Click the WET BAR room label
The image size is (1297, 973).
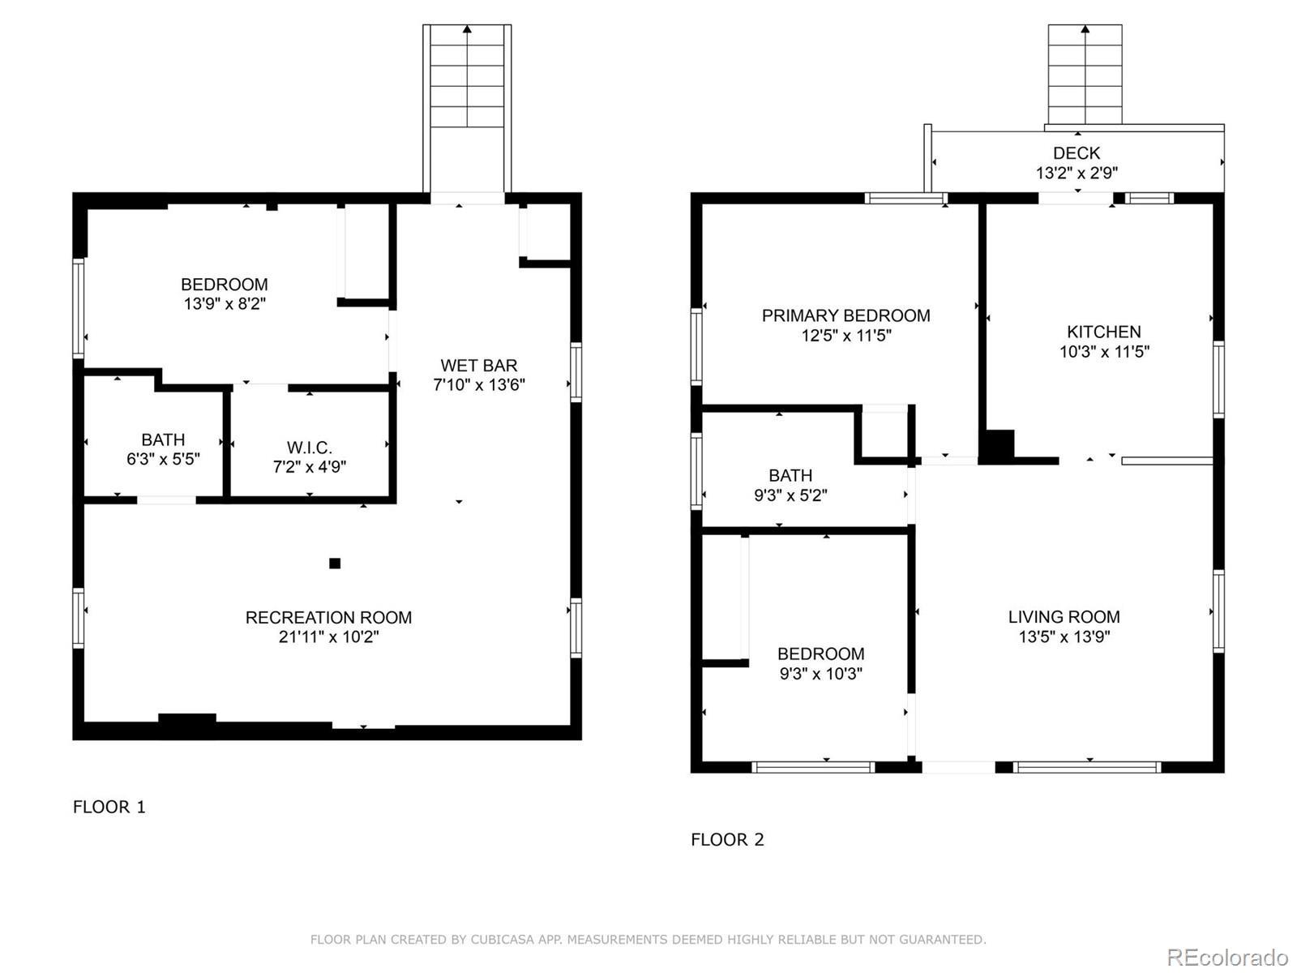click(478, 366)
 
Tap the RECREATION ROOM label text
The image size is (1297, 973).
click(328, 617)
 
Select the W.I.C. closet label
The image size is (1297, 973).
click(309, 448)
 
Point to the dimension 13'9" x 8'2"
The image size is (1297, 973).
click(225, 303)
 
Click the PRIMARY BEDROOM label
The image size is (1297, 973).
click(845, 315)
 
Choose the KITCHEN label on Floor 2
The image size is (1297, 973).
click(1104, 332)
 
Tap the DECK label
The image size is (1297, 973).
click(1077, 153)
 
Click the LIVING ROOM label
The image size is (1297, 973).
click(1064, 617)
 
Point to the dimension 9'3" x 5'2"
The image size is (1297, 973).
click(790, 495)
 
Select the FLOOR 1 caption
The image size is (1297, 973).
click(109, 807)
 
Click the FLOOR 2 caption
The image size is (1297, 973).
click(727, 839)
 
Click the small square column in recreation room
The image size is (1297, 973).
click(335, 563)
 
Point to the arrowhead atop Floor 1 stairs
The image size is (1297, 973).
click(468, 28)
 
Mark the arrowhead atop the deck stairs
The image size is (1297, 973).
click(1085, 28)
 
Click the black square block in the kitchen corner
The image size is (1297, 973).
click(997, 446)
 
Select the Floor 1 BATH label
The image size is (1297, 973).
click(163, 439)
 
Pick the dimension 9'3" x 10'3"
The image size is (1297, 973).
click(820, 674)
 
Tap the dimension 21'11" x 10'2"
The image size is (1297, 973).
click(328, 637)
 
